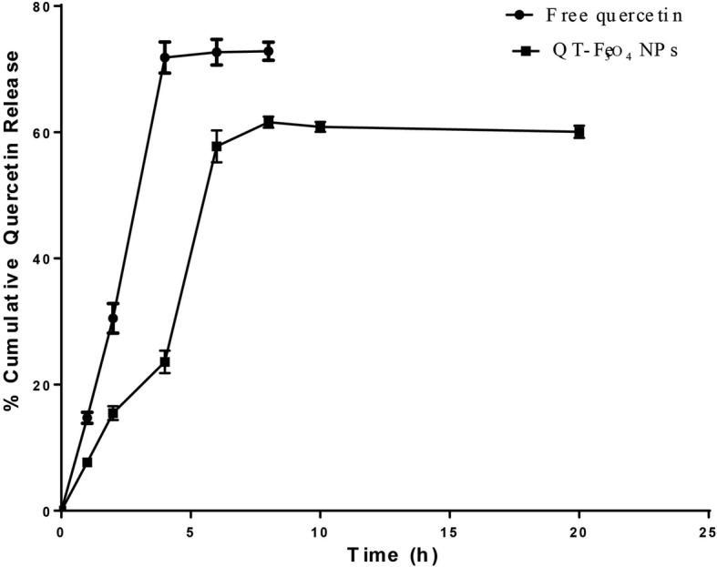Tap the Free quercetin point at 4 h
coord(165,57)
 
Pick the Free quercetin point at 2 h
coord(113,319)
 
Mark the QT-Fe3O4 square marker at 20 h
coord(579,132)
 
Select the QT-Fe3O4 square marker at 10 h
coord(321,127)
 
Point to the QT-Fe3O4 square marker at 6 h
coord(217,147)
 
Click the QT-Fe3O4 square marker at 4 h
coord(165,362)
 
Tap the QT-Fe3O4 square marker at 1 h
coord(87,462)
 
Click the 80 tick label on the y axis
coord(43,6)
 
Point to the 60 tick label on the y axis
coord(43,133)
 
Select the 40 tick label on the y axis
coord(43,258)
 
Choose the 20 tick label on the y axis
coord(43,385)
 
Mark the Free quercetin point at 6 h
coord(217,52)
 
